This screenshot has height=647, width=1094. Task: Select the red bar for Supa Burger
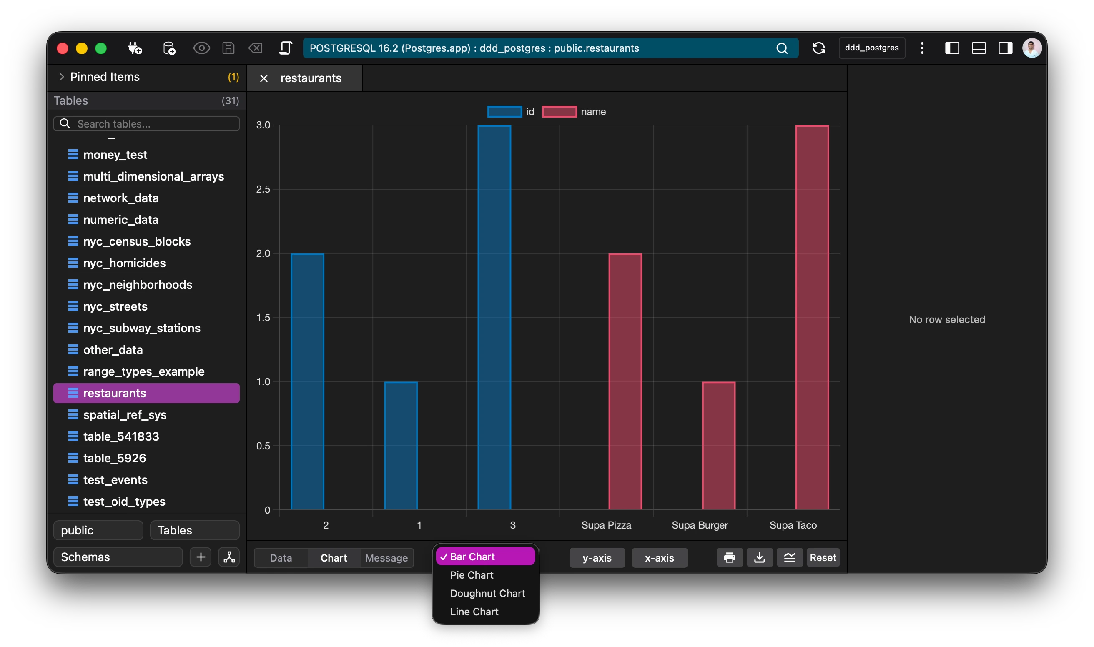[x=718, y=446]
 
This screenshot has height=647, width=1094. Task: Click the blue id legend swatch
[x=504, y=112]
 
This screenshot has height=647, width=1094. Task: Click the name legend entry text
[x=593, y=112]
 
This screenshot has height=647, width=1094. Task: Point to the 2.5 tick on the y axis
[x=263, y=189]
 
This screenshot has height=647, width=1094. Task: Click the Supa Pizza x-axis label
[x=606, y=525]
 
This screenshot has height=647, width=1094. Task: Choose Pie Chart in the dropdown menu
[x=472, y=575]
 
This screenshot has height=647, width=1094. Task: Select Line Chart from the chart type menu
[x=474, y=612]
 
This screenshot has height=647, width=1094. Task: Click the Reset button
[x=822, y=558]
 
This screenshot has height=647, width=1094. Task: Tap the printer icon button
[x=730, y=558]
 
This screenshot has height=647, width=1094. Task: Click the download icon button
[x=759, y=558]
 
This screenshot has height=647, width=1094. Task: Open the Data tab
[x=281, y=558]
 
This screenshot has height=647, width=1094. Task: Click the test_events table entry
[x=115, y=479]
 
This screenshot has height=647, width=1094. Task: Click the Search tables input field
[x=153, y=124]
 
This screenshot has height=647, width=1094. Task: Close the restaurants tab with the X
[x=264, y=78]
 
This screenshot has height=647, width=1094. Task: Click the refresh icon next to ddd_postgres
[x=818, y=48]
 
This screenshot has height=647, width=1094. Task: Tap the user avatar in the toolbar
[x=1031, y=48]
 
